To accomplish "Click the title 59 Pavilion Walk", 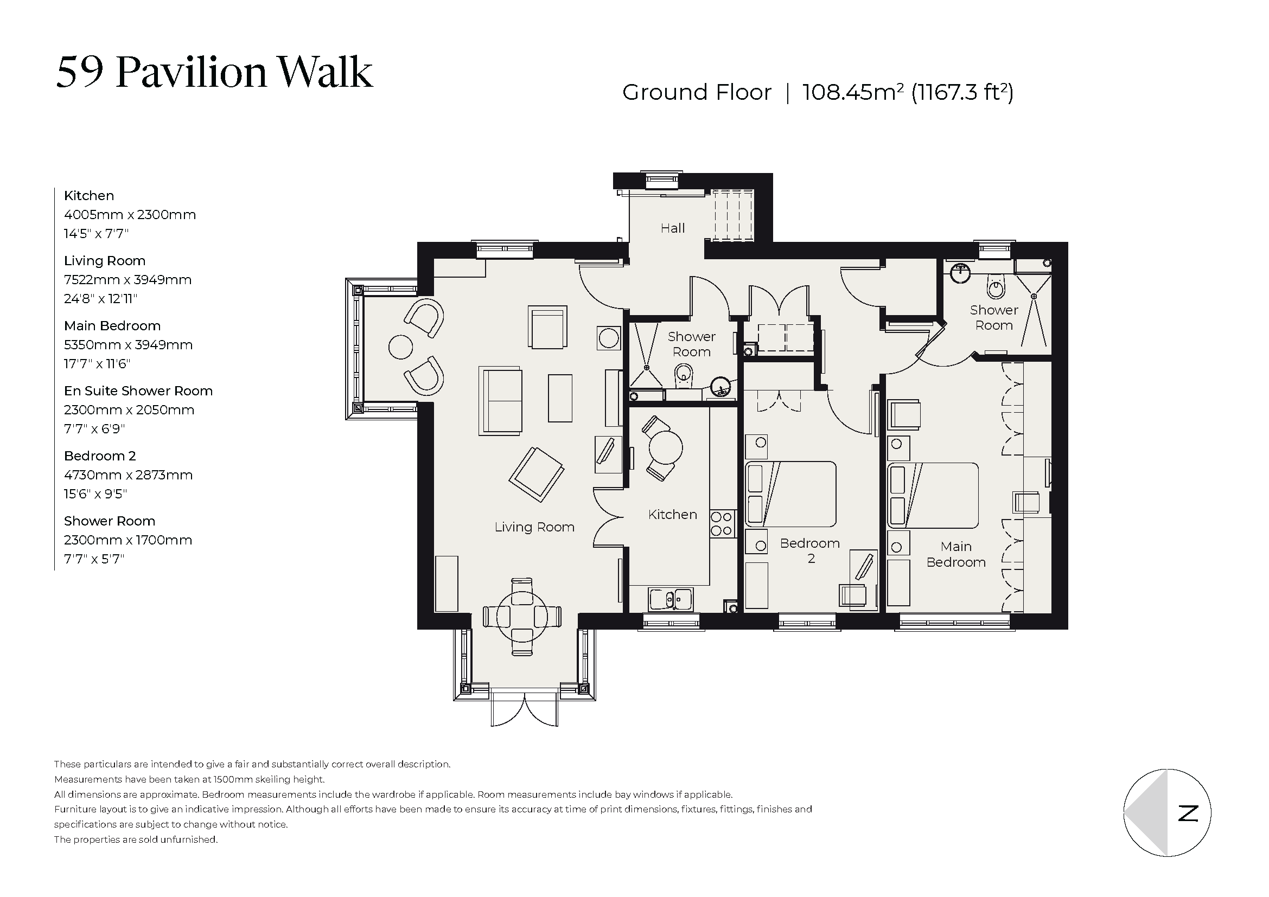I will coord(214,72).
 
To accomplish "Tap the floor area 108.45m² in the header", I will coord(852,92).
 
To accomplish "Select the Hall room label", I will coord(673,228).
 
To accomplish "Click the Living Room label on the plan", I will coord(534,528).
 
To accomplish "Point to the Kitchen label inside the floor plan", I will coord(673,515).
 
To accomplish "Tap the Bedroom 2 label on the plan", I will coord(809,550).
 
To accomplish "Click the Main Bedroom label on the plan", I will coord(955,554).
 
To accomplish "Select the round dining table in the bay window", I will coord(522,617).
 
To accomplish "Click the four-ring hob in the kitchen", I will coord(721,524).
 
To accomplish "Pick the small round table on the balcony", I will coord(401,348).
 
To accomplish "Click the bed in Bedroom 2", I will coord(791,495).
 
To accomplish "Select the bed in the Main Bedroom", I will coord(933,496).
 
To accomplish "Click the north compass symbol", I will coord(1168,812).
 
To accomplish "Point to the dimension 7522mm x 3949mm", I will coord(127,280).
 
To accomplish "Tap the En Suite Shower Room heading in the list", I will coord(138,391).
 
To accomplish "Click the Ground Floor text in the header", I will coord(697,92).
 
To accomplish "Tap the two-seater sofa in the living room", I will coord(500,401).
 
